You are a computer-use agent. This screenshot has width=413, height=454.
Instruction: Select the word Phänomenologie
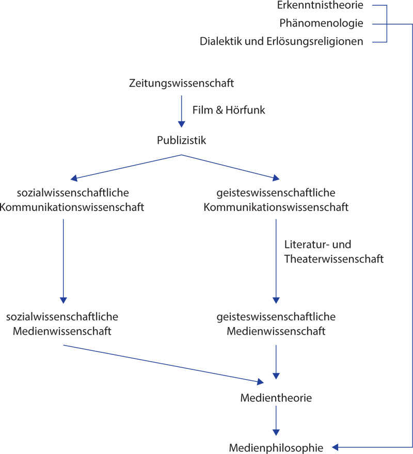(x=321, y=23)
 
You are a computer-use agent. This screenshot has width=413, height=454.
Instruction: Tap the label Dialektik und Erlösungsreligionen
(x=281, y=41)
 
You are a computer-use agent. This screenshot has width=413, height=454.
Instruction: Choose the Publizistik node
(x=182, y=139)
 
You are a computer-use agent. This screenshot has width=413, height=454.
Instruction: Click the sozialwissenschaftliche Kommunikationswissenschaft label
(x=73, y=200)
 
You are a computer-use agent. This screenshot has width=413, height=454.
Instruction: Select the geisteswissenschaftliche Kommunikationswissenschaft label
(x=276, y=200)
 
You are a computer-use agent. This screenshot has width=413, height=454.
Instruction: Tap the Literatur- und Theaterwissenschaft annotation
(x=333, y=252)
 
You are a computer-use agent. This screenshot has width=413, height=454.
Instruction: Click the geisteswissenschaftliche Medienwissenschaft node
(x=276, y=323)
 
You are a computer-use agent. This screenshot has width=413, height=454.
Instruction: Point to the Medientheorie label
(x=276, y=398)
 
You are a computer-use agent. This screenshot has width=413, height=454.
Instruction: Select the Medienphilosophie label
(x=276, y=448)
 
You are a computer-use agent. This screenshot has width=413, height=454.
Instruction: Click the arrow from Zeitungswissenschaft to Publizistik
(x=182, y=109)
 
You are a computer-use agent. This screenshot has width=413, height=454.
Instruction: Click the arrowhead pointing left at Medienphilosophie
(x=335, y=447)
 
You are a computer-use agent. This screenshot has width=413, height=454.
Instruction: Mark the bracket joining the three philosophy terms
(x=386, y=24)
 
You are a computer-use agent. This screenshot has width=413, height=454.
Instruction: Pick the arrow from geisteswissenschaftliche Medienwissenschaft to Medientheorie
(x=276, y=361)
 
